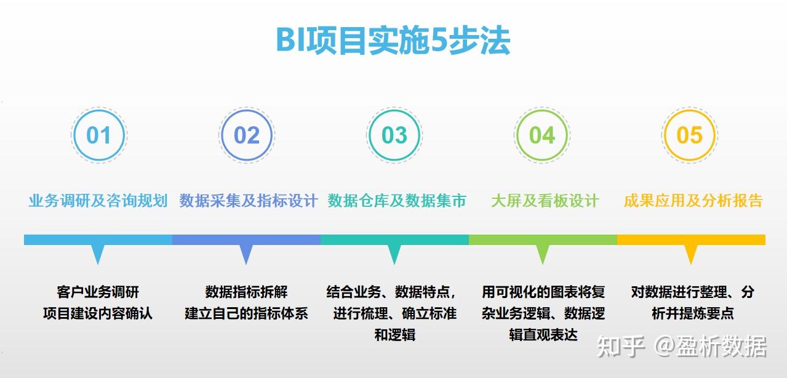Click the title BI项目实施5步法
pos(393,41)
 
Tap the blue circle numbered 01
pos(98,110)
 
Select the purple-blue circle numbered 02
pos(247,110)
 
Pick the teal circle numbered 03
pos(394,110)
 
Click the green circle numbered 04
pos(542,110)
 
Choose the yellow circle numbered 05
pos(690,110)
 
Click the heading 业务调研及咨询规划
pos(98,201)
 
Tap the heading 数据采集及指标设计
pos(249,201)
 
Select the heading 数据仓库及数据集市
pos(397,201)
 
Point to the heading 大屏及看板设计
pos(545,201)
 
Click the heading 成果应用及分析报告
pos(693,201)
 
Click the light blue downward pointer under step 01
pos(98,254)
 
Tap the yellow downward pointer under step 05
pos(691,254)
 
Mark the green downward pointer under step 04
pos(543,254)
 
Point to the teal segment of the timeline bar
pos(394,239)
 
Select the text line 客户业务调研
pos(98,292)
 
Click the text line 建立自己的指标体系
pos(246,313)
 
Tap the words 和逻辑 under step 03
pos(395,335)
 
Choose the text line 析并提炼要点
pos(692,313)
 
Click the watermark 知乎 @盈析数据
pos(682,347)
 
